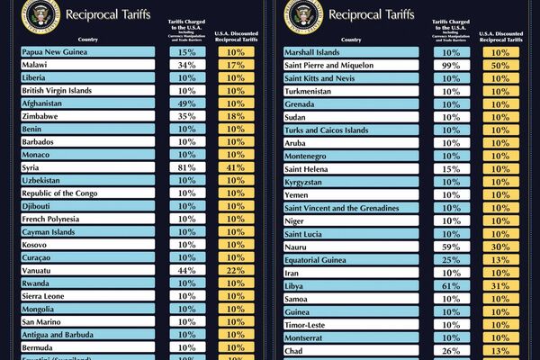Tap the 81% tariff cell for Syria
point(187,168)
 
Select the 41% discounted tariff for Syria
point(237,168)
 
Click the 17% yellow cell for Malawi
point(237,65)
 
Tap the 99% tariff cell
point(451,65)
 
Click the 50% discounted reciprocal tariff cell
point(500,65)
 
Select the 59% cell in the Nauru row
point(451,247)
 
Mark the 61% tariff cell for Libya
point(451,285)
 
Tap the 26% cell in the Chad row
point(451,349)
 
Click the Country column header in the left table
point(88,39)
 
